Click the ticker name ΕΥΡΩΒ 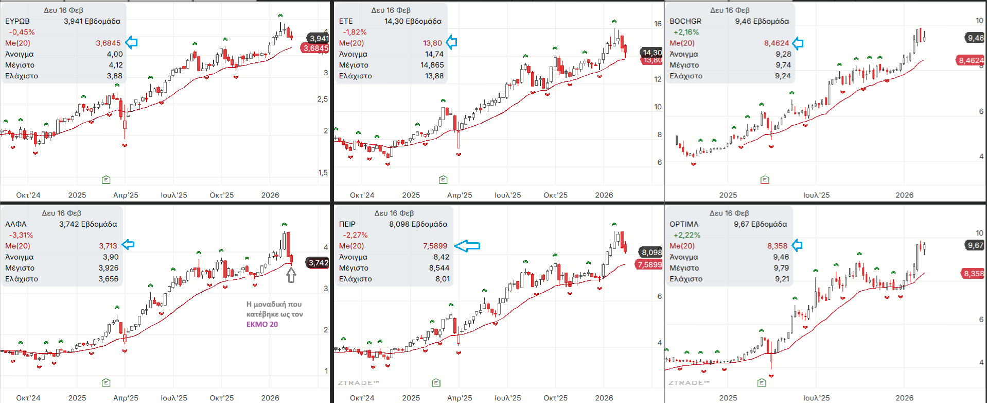17,21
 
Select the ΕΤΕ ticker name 346,21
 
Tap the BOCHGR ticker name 685,21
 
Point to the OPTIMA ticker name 684,224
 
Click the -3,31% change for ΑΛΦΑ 21,235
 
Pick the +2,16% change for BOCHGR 686,32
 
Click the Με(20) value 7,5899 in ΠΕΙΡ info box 435,246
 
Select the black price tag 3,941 319,38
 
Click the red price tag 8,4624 971,60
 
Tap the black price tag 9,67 975,245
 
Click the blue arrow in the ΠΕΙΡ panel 467,246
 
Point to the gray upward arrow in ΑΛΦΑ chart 291,275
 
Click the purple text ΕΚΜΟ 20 262,324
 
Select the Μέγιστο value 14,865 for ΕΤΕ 432,65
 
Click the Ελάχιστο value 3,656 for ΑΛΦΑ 108,279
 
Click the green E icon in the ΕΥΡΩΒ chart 106,179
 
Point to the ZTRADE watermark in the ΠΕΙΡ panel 358,383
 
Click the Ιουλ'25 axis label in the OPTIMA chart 816,398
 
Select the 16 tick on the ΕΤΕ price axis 658,24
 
